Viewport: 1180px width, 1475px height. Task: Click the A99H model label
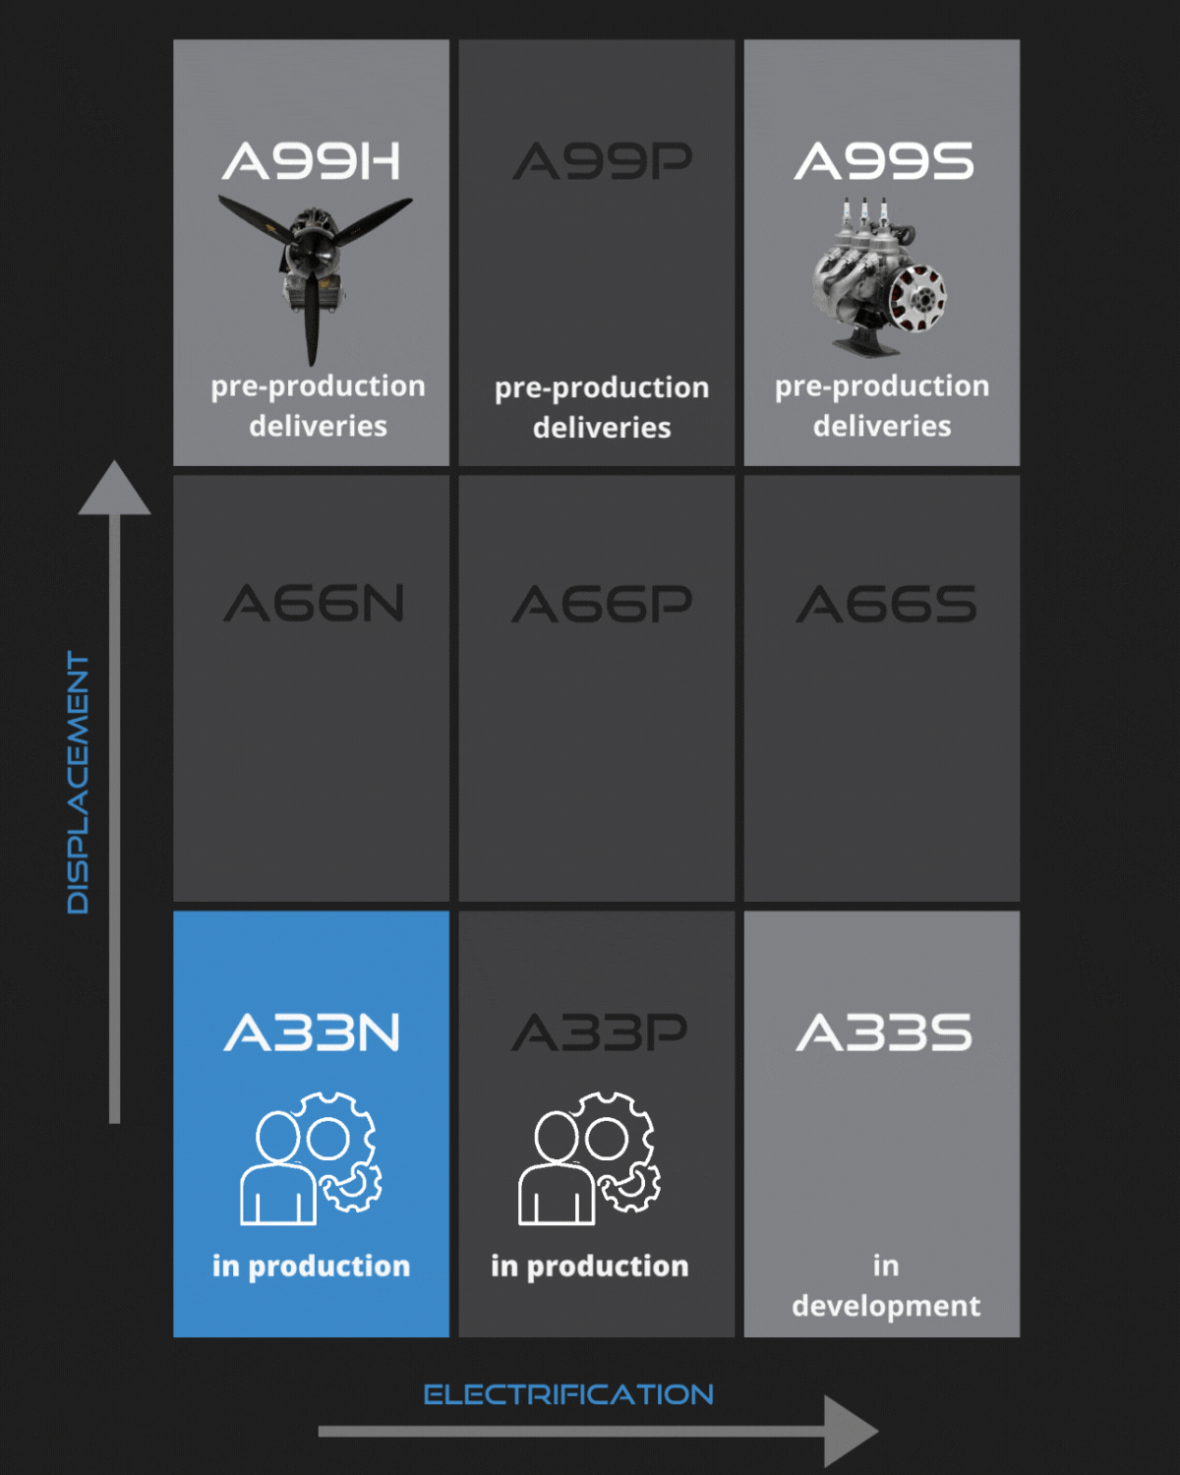coord(312,162)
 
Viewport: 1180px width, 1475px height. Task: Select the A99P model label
coord(602,162)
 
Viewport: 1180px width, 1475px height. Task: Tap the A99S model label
coord(884,162)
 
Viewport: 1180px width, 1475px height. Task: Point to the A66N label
coord(314,604)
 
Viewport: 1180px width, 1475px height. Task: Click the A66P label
coord(602,604)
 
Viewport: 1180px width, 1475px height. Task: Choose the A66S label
coord(886,604)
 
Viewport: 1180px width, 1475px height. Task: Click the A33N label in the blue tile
coord(312,1032)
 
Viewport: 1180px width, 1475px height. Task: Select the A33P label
coord(600,1032)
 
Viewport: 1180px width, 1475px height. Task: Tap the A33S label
coord(884,1032)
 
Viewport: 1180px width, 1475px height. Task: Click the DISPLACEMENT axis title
coord(78,782)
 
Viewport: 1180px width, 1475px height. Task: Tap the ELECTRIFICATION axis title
coord(568,1394)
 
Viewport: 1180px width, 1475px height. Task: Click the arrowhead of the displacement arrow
coord(114,488)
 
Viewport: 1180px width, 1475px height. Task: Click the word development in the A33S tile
coord(886,1306)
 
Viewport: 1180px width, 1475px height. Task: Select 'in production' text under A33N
coord(311,1266)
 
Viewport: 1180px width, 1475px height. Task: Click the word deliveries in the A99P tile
coord(602,428)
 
